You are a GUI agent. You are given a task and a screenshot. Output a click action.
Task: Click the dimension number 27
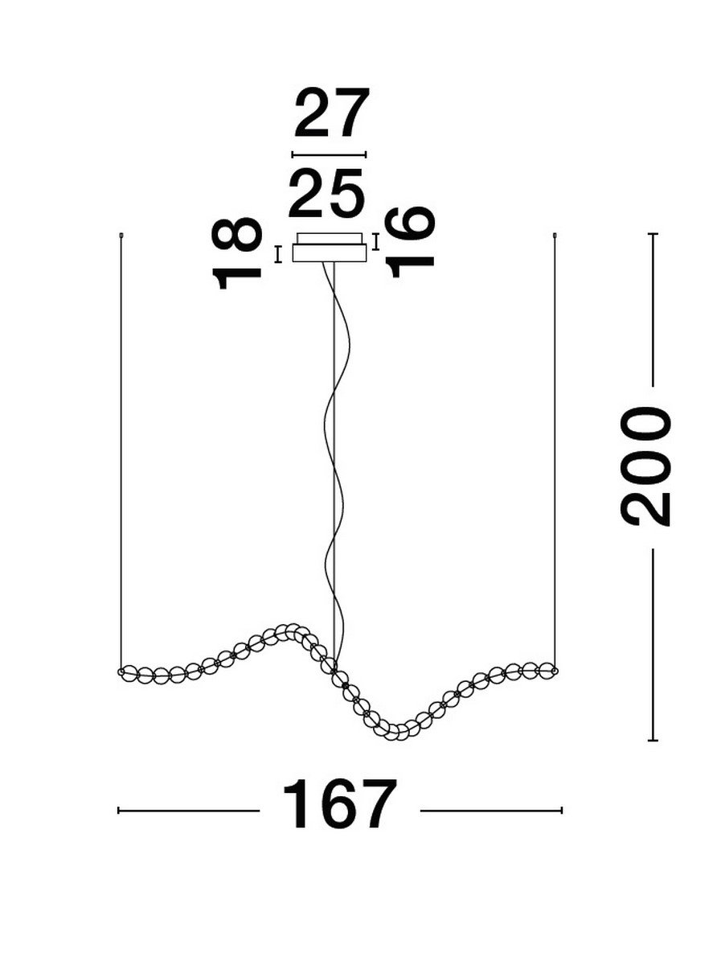(x=332, y=113)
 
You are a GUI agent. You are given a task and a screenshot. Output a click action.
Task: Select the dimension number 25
(x=327, y=194)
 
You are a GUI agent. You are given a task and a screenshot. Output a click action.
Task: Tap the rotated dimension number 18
(x=237, y=253)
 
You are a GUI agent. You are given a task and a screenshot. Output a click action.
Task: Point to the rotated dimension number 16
(x=409, y=242)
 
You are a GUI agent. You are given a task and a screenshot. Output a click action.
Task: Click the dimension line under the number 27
(x=329, y=154)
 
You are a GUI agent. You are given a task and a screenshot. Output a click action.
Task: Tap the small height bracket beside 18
(x=277, y=255)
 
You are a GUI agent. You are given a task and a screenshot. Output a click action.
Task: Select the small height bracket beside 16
(x=375, y=242)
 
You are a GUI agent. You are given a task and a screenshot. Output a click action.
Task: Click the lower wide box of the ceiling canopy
(x=329, y=253)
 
